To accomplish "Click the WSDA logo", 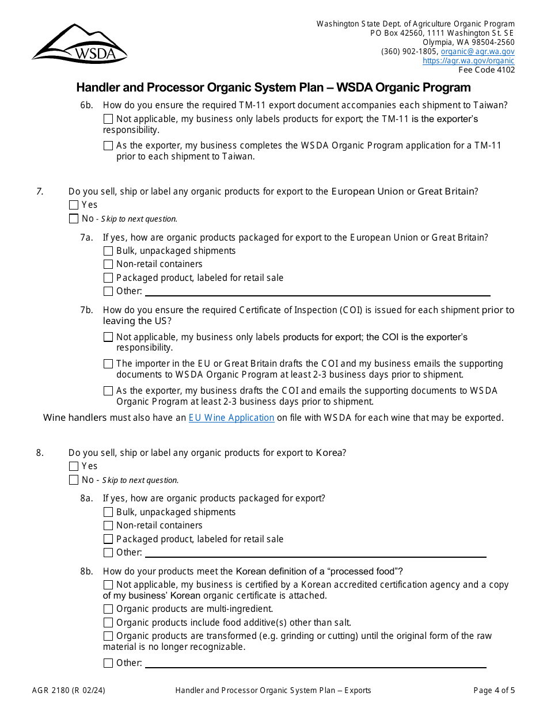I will [x=79, y=44].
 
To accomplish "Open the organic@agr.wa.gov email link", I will [x=477, y=51].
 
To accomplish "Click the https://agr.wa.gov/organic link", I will [x=468, y=60].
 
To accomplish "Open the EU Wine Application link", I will [x=231, y=418].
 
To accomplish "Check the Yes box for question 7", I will [x=73, y=205].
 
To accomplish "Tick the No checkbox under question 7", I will [x=73, y=219].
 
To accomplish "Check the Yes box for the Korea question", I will [x=73, y=466].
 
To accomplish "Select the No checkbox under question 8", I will [x=73, y=480].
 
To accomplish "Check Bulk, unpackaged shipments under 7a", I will [x=108, y=251].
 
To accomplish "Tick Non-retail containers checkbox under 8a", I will [x=108, y=526].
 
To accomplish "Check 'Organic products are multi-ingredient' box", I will [x=108, y=609].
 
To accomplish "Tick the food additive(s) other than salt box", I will [x=108, y=623].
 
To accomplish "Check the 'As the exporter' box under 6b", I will [x=108, y=146].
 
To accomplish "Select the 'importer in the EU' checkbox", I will [x=108, y=364].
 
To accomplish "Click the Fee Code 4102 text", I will [x=486, y=70].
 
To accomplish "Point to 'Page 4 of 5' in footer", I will [x=494, y=691].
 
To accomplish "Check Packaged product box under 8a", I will [x=108, y=539].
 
